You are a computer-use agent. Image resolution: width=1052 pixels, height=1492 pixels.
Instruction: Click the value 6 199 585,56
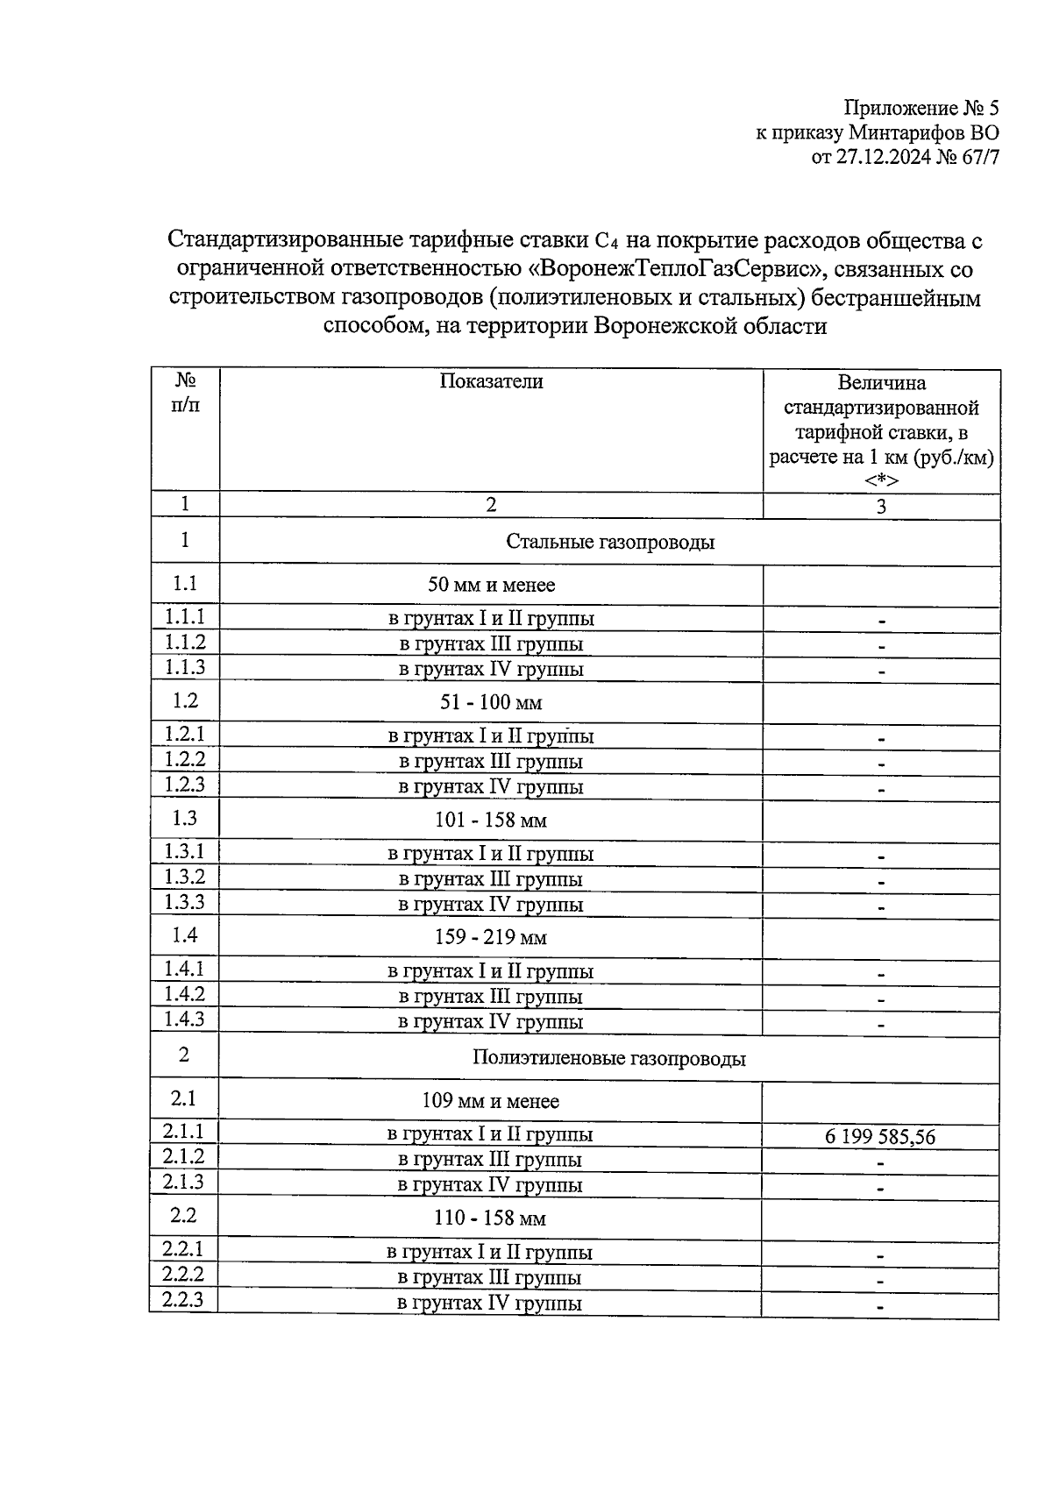coord(879,1138)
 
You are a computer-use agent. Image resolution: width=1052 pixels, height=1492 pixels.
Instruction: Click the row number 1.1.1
coord(184,617)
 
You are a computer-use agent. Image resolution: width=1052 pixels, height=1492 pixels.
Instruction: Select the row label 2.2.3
coord(182,1300)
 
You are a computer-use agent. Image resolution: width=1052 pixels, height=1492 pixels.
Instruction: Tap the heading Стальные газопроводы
coord(609,542)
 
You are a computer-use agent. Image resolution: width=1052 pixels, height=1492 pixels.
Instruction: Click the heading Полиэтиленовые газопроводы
coord(608,1058)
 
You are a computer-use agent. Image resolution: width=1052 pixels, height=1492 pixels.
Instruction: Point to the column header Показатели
coord(491,381)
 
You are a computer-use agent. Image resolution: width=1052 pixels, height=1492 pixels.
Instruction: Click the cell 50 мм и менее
coord(491,585)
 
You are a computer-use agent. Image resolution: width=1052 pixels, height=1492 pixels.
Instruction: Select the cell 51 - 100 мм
coord(491,702)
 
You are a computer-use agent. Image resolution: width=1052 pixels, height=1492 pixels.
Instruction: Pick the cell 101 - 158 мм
coord(491,821)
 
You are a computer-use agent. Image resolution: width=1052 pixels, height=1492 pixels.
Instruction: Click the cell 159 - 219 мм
coord(491,938)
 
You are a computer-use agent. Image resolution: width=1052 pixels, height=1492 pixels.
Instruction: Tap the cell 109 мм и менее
coord(491,1101)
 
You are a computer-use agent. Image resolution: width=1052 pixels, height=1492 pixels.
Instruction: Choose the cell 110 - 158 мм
coord(491,1218)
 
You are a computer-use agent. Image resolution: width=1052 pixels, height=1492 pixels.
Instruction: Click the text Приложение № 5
coord(920,109)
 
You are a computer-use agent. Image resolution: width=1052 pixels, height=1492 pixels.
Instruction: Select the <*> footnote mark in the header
coord(880,481)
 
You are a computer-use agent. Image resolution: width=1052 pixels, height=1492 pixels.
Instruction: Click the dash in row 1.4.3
coord(881,1024)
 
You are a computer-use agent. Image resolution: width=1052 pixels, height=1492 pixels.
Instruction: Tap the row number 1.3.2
coord(184,877)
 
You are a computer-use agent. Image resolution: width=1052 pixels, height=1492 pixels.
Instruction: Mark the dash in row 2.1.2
coord(880,1163)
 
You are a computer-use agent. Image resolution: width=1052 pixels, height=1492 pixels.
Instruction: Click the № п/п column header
coord(184,394)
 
